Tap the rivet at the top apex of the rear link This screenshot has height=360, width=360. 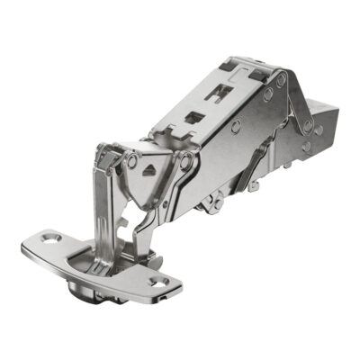(282, 81)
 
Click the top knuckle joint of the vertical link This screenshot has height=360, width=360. (106, 153)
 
